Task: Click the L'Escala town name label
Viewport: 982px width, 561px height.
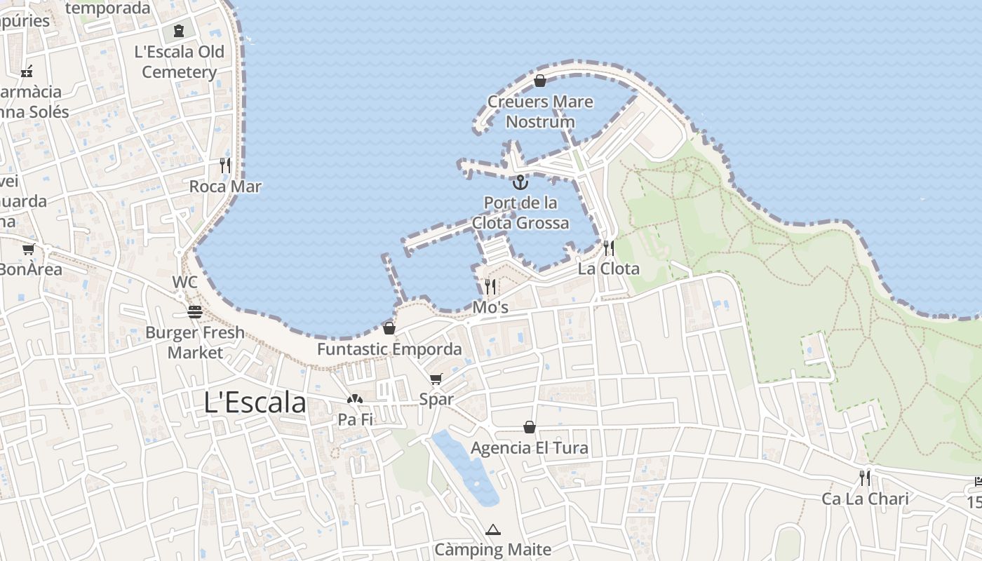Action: click(255, 403)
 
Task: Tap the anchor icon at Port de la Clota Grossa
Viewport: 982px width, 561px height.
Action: click(520, 183)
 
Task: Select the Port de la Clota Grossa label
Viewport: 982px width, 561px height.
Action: click(520, 213)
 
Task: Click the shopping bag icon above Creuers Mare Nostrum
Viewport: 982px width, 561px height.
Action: click(540, 81)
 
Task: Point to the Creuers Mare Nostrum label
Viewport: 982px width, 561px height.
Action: click(540, 111)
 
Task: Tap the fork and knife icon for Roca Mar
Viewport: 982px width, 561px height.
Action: click(225, 165)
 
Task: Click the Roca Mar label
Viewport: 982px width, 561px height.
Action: click(225, 187)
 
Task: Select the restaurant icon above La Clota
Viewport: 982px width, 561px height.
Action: click(609, 248)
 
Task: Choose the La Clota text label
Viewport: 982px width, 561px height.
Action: click(609, 269)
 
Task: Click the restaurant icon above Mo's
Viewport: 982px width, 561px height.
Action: click(490, 286)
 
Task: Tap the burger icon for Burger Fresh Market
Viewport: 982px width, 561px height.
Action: click(195, 312)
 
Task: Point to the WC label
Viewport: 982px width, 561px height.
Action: click(185, 283)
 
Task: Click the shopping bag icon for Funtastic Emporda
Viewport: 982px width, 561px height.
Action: click(389, 328)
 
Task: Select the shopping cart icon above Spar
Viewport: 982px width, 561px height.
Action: click(436, 379)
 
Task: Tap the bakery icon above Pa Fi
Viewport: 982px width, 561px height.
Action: click(355, 399)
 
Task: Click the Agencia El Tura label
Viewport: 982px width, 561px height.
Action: click(530, 448)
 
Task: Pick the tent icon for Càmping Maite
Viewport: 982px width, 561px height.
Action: click(493, 529)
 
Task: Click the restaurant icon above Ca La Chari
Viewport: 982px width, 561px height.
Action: click(865, 478)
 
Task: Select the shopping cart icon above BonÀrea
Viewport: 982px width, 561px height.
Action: click(29, 249)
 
